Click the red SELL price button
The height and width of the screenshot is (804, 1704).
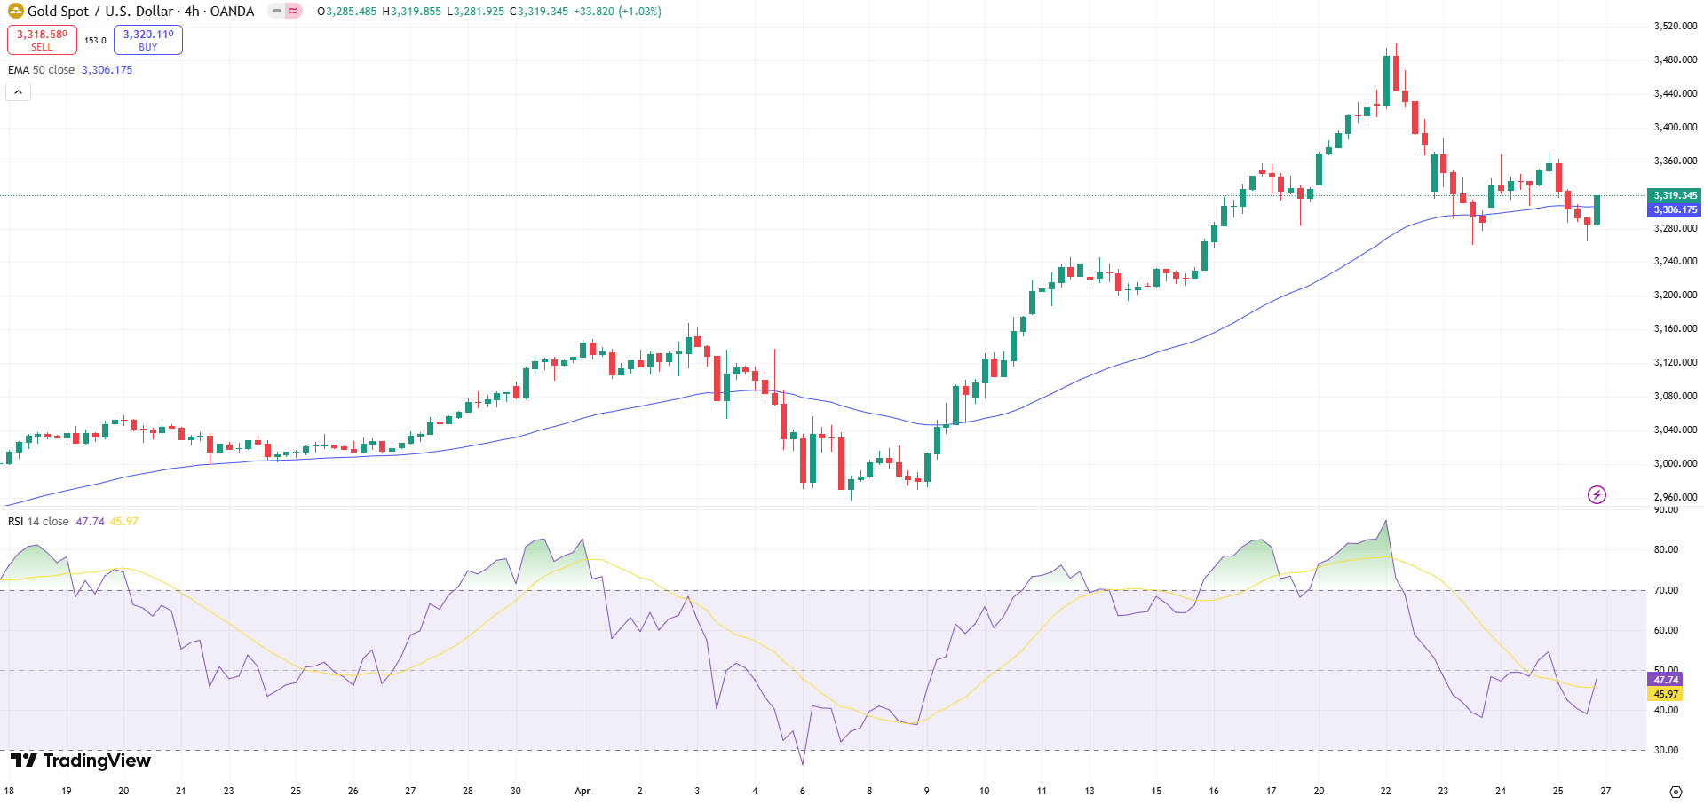(42, 40)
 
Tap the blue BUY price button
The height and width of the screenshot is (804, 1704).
(147, 40)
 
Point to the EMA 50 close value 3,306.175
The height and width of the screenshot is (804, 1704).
(107, 70)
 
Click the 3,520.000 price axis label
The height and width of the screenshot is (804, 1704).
(1675, 27)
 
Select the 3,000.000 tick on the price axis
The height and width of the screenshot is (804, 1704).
(1675, 463)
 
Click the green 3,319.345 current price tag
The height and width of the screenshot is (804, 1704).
(1674, 195)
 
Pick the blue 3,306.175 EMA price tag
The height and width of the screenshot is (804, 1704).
(1674, 210)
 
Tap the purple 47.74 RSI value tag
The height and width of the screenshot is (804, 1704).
(1665, 680)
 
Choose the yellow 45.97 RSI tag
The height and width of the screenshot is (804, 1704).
(1665, 694)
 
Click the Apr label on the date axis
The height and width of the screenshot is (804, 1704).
(583, 791)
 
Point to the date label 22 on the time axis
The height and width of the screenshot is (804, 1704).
(1385, 791)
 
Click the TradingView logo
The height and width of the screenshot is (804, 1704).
(81, 761)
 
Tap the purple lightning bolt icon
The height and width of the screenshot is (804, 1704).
(1597, 495)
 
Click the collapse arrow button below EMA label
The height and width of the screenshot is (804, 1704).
(18, 92)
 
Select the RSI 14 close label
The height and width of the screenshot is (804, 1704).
(38, 522)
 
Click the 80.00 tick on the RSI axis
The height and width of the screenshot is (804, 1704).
(1666, 550)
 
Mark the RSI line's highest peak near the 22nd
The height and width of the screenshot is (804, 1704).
(1386, 522)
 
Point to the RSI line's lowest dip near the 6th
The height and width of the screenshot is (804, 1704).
(803, 763)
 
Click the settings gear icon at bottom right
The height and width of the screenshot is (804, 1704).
(1676, 792)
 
